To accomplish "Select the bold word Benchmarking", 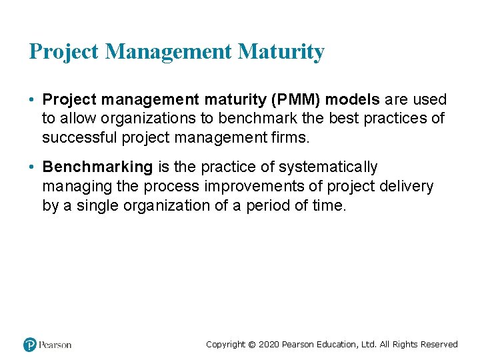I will [x=97, y=167].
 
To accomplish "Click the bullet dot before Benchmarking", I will [x=32, y=167].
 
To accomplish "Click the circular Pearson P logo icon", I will [x=30, y=345].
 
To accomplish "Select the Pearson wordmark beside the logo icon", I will [x=55, y=345].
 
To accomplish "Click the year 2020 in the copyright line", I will [x=268, y=345].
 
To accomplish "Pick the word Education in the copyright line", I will [x=336, y=345].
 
